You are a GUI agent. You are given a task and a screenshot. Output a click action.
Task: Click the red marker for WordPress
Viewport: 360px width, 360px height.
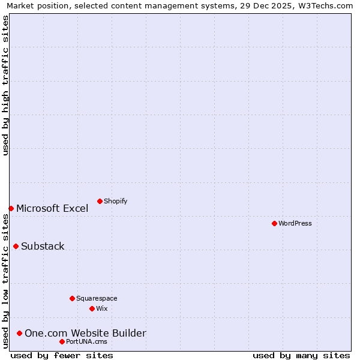[x=274, y=223]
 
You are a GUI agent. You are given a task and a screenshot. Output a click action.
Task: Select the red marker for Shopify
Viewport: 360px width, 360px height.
[x=100, y=201]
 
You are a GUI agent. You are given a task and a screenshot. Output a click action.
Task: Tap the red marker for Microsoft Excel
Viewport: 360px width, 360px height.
[x=11, y=208]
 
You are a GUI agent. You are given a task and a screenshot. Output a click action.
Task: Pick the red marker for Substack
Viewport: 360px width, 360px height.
[x=16, y=246]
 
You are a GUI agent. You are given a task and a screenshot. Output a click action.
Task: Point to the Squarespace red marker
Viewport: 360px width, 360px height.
[x=72, y=298]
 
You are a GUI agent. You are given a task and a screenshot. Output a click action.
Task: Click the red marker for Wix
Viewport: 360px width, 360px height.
[x=92, y=308]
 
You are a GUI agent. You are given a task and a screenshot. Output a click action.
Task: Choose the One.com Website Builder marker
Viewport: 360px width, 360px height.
[x=19, y=333]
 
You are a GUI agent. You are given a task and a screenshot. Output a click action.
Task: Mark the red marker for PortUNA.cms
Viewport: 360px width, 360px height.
[x=62, y=341]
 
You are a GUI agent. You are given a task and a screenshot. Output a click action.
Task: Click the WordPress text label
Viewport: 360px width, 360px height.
[x=295, y=223]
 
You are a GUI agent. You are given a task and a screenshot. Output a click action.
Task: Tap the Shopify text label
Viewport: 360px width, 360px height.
[x=116, y=201]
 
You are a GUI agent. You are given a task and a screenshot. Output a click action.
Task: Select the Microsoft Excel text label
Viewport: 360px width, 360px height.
[x=52, y=208]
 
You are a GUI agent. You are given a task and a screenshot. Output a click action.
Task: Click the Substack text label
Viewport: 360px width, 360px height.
[x=43, y=246]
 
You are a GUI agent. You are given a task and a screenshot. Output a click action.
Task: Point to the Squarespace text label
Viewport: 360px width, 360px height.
[x=97, y=298]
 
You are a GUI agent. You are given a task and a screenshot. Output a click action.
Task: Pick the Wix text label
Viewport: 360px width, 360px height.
[x=102, y=308]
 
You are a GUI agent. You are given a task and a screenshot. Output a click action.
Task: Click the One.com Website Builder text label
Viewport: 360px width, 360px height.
[x=85, y=333]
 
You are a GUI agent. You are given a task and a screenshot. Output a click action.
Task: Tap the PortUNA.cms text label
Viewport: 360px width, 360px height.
[x=87, y=341]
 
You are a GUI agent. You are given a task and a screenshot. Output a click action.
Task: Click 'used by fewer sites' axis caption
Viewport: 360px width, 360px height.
[x=62, y=355]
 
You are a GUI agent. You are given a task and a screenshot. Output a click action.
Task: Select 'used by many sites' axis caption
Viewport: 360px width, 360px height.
[x=301, y=355]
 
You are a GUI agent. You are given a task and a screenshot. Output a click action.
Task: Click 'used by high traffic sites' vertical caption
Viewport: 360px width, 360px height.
[x=5, y=85]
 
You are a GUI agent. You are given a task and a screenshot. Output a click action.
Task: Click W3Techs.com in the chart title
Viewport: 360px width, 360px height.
[x=324, y=5]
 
